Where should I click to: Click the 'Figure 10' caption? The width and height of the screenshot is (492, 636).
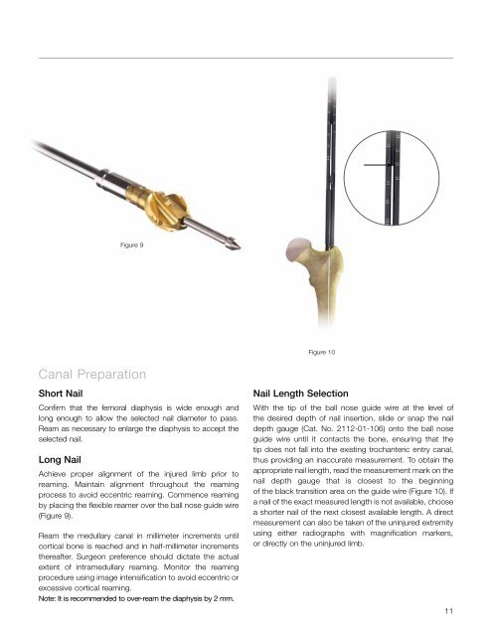point(327,352)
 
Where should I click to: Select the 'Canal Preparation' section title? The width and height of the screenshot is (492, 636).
point(94,376)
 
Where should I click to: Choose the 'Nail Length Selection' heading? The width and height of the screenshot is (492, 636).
point(313,394)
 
